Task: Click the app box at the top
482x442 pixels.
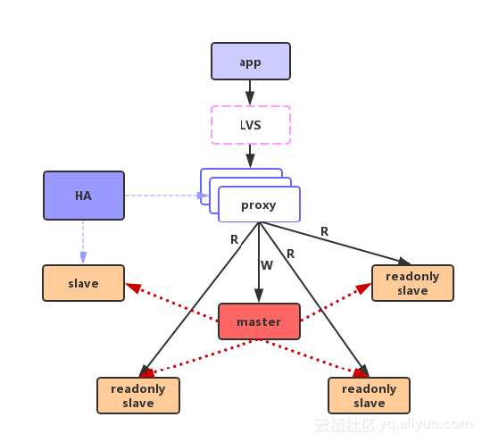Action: point(251,62)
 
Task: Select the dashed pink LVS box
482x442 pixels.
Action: point(251,125)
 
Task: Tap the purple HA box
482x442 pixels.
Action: point(84,196)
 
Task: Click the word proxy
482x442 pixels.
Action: point(258,205)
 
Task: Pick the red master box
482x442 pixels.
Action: point(259,321)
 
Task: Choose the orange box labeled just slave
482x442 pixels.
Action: point(83,283)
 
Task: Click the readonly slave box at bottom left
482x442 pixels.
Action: point(138,396)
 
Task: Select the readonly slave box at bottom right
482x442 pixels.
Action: point(369,396)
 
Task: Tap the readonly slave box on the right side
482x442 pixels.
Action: point(412,283)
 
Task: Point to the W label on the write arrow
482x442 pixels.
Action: point(267,265)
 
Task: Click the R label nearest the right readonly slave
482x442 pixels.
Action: point(324,231)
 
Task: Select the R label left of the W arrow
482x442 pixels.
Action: point(234,239)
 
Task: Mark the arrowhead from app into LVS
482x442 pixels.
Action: point(250,98)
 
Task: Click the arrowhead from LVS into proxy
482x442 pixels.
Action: point(250,161)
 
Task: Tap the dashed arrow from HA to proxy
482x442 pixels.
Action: point(166,196)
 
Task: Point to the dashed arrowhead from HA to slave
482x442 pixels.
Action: point(83,257)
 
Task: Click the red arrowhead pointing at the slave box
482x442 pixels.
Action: point(133,288)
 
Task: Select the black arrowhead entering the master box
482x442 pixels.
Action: point(259,296)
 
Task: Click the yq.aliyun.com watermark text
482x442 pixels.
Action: point(426,424)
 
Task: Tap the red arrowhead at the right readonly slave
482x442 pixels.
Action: point(363,288)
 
